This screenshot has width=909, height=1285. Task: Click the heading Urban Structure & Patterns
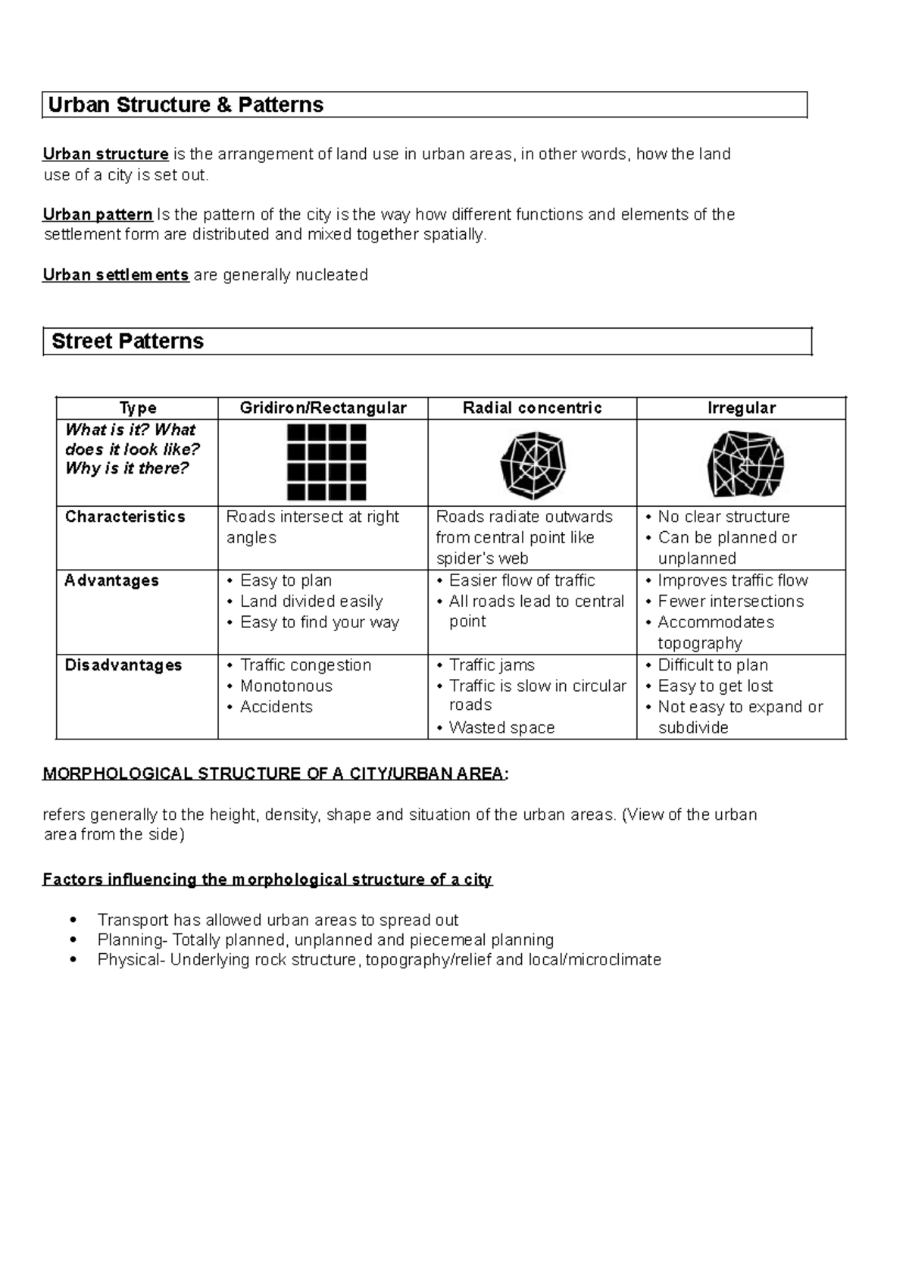(x=186, y=105)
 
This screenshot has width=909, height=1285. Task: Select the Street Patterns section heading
(x=127, y=342)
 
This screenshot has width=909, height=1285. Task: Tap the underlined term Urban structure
(x=105, y=155)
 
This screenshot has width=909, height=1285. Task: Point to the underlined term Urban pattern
(x=98, y=214)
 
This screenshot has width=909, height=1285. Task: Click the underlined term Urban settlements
(x=115, y=275)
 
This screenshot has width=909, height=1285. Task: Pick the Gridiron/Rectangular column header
(x=323, y=408)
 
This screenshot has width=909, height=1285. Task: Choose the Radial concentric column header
(x=532, y=408)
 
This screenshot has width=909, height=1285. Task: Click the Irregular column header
(x=741, y=408)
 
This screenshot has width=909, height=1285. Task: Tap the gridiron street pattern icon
(x=326, y=462)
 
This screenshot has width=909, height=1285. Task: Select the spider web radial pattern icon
(x=533, y=464)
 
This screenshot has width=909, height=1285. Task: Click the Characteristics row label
(x=125, y=517)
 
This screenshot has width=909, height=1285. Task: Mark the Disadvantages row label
(x=123, y=665)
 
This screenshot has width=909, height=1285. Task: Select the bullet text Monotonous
(x=286, y=686)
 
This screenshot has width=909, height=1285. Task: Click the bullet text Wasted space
(x=501, y=728)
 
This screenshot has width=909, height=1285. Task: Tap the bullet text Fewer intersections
(x=730, y=602)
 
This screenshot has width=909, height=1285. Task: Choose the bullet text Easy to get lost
(x=715, y=686)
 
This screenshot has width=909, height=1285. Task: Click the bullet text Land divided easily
(x=311, y=602)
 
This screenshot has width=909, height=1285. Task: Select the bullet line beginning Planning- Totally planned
(x=326, y=940)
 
